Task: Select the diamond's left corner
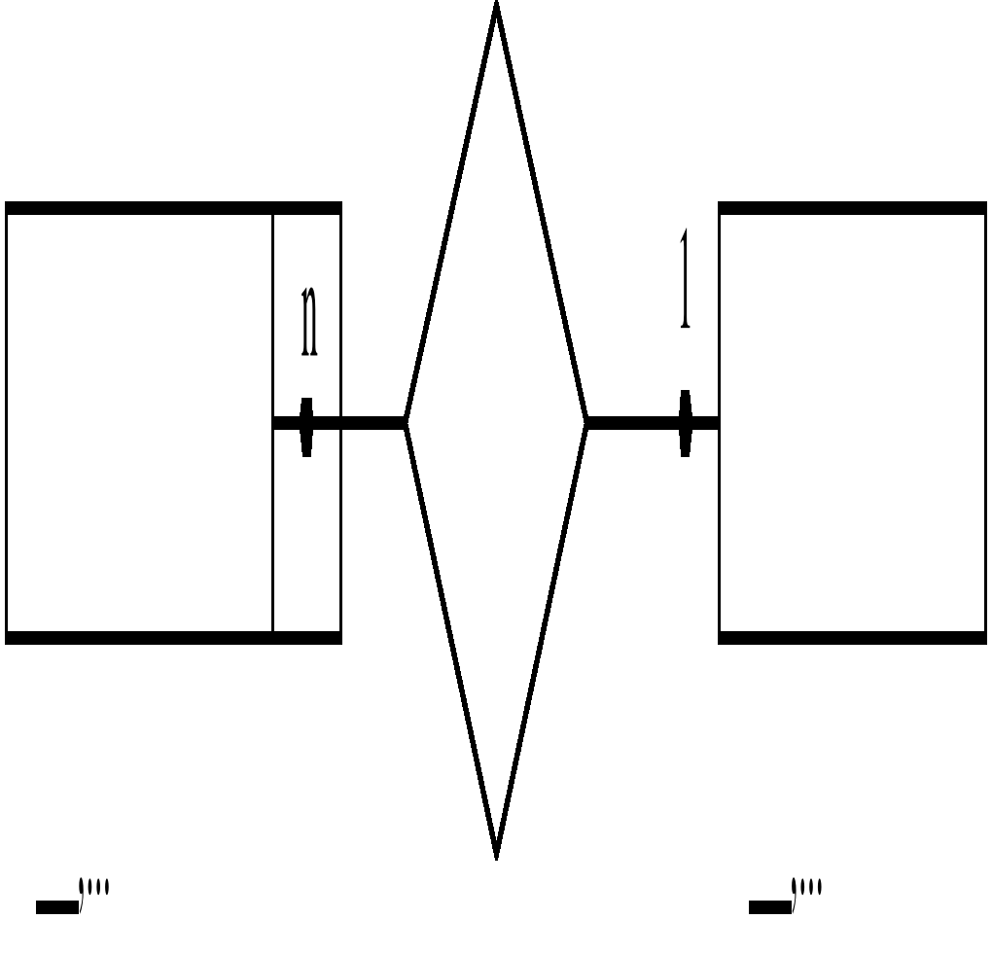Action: click(406, 422)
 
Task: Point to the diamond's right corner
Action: click(586, 422)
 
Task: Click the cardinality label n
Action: click(309, 322)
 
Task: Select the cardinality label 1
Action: click(686, 280)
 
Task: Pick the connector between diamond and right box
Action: click(632, 422)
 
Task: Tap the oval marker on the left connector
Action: click(307, 426)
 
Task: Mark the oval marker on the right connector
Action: click(686, 423)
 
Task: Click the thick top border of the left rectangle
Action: click(173, 208)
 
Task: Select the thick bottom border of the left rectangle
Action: click(173, 638)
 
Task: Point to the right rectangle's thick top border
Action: click(852, 208)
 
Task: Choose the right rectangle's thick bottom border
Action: click(852, 638)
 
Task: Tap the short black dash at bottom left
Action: click(56, 908)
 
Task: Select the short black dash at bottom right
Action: click(769, 908)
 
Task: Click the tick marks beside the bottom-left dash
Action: click(95, 889)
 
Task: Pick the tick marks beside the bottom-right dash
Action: click(808, 889)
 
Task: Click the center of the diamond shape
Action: click(496, 422)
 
